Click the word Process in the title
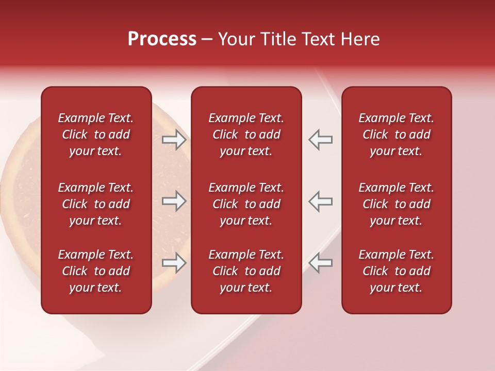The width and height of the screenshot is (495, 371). pyautogui.click(x=162, y=39)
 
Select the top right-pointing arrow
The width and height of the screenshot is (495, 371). pyautogui.click(x=174, y=140)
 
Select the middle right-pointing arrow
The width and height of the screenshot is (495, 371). pyautogui.click(x=174, y=201)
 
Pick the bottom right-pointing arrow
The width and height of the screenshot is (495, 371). pyautogui.click(x=174, y=263)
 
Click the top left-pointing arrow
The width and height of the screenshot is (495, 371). pyautogui.click(x=321, y=140)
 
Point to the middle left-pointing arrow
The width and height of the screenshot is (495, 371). pyautogui.click(x=321, y=201)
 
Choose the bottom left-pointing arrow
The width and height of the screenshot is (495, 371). pyautogui.click(x=321, y=263)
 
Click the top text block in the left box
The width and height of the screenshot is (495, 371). pyautogui.click(x=96, y=134)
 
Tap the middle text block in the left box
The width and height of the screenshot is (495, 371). pyautogui.click(x=96, y=204)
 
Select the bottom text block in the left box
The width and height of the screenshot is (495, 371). pyautogui.click(x=96, y=271)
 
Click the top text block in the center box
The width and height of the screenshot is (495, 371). pyautogui.click(x=246, y=134)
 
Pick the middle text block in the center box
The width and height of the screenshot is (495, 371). pyautogui.click(x=246, y=204)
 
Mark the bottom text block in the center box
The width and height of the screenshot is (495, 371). pyautogui.click(x=246, y=271)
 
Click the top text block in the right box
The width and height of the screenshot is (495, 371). pyautogui.click(x=396, y=134)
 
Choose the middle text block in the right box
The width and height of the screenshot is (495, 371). pyautogui.click(x=396, y=204)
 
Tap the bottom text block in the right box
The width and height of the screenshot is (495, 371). pyautogui.click(x=396, y=271)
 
